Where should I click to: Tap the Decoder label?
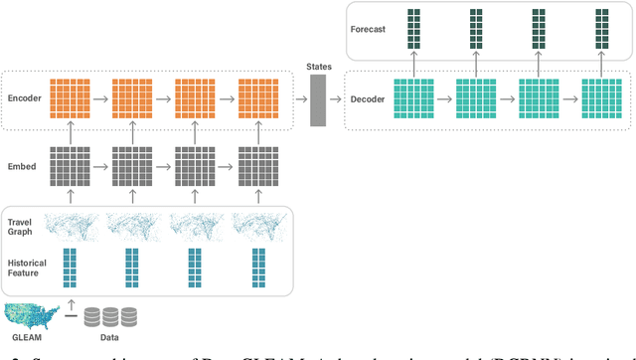[368, 99]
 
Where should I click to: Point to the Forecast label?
[368, 29]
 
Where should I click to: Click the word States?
[318, 65]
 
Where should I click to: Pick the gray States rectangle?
[318, 99]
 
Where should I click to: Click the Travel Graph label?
[20, 228]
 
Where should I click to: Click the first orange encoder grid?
[70, 99]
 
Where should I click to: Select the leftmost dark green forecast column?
[415, 29]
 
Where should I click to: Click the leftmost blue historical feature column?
[70, 266]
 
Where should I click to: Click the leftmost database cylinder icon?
[92, 316]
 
